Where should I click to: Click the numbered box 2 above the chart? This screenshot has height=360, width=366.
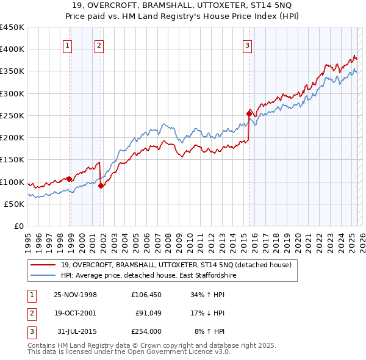click(99, 45)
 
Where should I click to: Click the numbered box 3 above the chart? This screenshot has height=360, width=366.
click(247, 45)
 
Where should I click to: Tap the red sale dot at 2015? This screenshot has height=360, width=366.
click(249, 113)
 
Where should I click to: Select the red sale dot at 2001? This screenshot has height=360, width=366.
click(101, 186)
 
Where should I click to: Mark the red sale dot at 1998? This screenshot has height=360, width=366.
click(70, 179)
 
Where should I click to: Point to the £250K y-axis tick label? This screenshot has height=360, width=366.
click(12, 115)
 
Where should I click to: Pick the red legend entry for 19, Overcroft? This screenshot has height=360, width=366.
click(176, 265)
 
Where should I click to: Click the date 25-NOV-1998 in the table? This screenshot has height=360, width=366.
click(76, 295)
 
